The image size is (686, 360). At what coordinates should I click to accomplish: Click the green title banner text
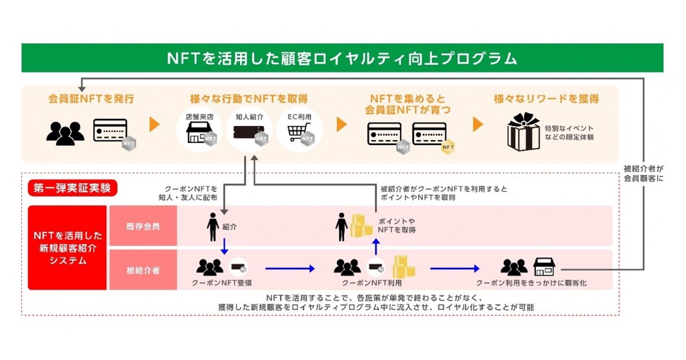click(342, 58)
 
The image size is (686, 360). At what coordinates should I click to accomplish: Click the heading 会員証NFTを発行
click(91, 99)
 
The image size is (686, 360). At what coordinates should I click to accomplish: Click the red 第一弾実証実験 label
click(72, 188)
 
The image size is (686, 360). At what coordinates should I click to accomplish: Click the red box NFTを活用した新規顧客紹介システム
click(67, 248)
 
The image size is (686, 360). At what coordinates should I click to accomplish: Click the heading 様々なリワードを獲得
click(546, 99)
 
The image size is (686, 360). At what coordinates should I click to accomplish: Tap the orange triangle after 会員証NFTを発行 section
click(154, 125)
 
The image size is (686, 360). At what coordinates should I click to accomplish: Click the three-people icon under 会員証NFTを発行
click(65, 133)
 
